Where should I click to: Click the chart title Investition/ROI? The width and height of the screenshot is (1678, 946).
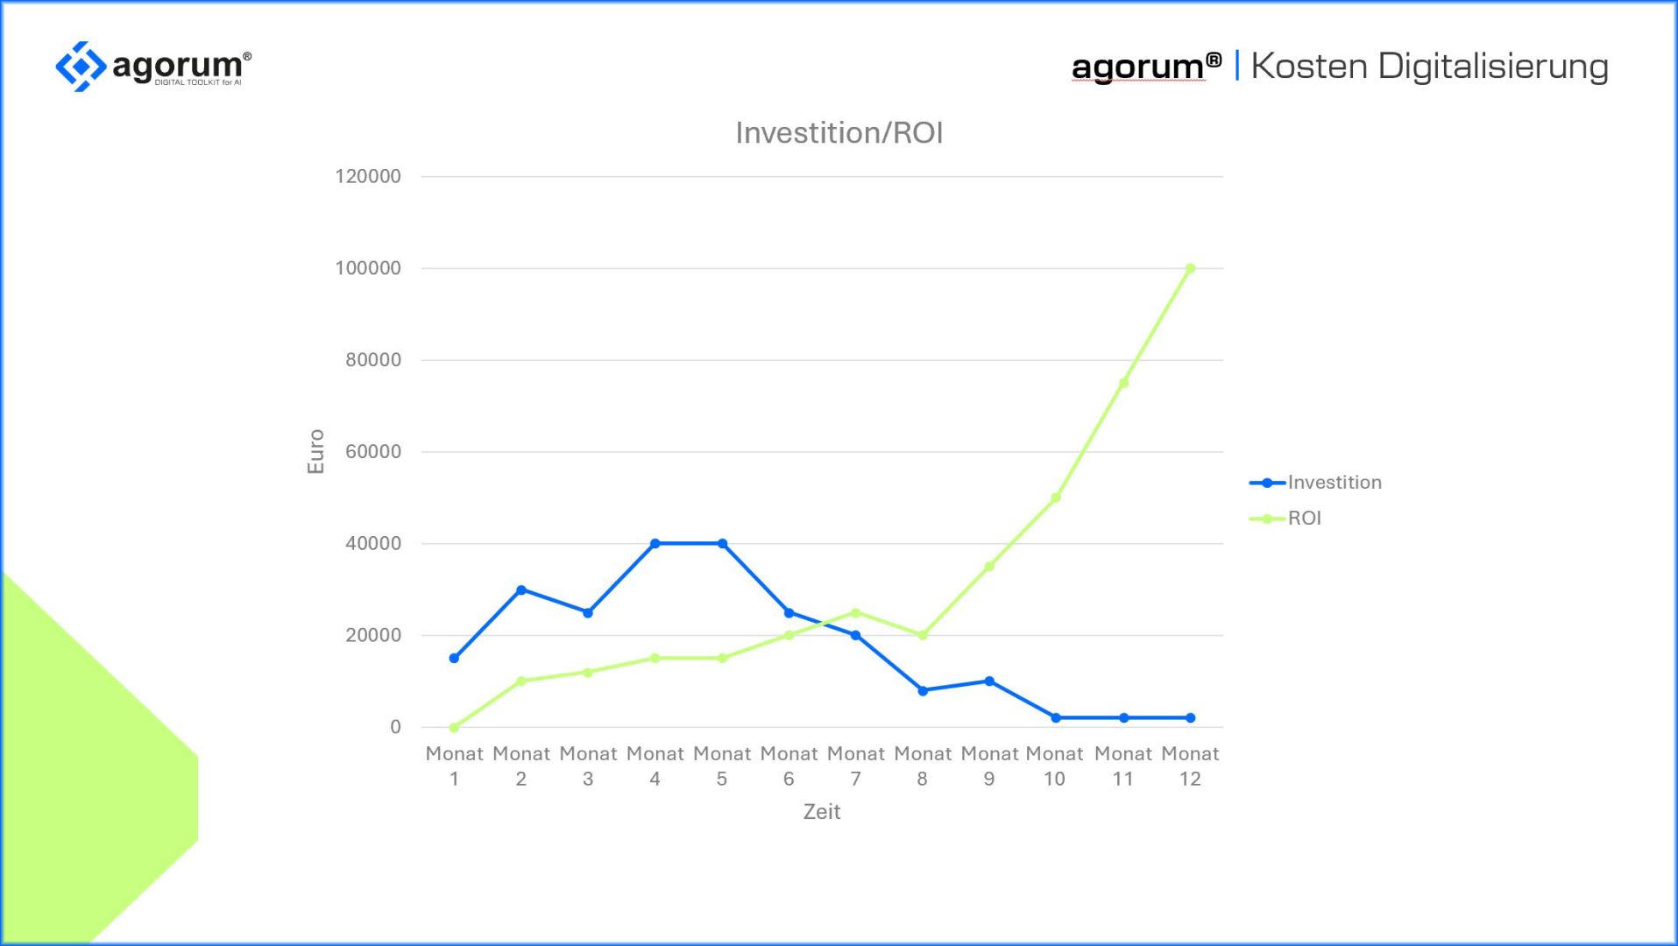coord(839,133)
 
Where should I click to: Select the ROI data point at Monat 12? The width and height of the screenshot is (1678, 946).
coord(1190,269)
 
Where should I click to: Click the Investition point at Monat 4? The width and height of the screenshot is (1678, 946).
coord(655,543)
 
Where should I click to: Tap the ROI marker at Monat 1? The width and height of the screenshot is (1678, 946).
coord(454,727)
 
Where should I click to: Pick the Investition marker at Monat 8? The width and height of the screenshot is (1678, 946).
coord(923,690)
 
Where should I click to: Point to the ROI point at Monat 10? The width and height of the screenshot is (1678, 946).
coord(1056,498)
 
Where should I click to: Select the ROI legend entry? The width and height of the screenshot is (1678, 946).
coord(1304,519)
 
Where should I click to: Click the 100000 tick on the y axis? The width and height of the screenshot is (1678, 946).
coord(368,268)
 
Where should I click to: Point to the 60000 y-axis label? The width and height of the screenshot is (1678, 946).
coord(372,452)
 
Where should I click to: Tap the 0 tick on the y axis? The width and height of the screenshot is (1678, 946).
coord(395,727)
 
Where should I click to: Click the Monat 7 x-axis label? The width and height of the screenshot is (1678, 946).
coord(855,766)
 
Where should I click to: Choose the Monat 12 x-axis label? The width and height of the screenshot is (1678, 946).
coord(1190,766)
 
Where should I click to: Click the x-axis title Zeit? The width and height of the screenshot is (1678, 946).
coord(822,812)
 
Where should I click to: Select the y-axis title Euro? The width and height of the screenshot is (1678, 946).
coord(315,451)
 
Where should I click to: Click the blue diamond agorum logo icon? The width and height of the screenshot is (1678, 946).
coord(81,66)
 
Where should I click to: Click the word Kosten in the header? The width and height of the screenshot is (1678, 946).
coord(1308,67)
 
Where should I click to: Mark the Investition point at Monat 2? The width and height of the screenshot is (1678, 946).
coord(521,589)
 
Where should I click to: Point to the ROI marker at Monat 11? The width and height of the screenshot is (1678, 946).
coord(1123,383)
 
